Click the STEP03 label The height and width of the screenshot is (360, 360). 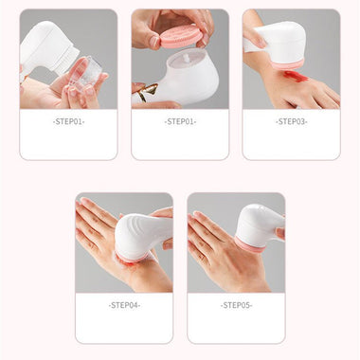point(290,121)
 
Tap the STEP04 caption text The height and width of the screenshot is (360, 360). point(124,305)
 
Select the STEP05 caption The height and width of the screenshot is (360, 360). point(236,305)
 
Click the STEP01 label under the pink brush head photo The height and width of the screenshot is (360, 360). point(179,121)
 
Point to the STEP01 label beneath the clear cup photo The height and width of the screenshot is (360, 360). point(67,121)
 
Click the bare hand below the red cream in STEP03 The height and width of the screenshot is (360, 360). point(313,91)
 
